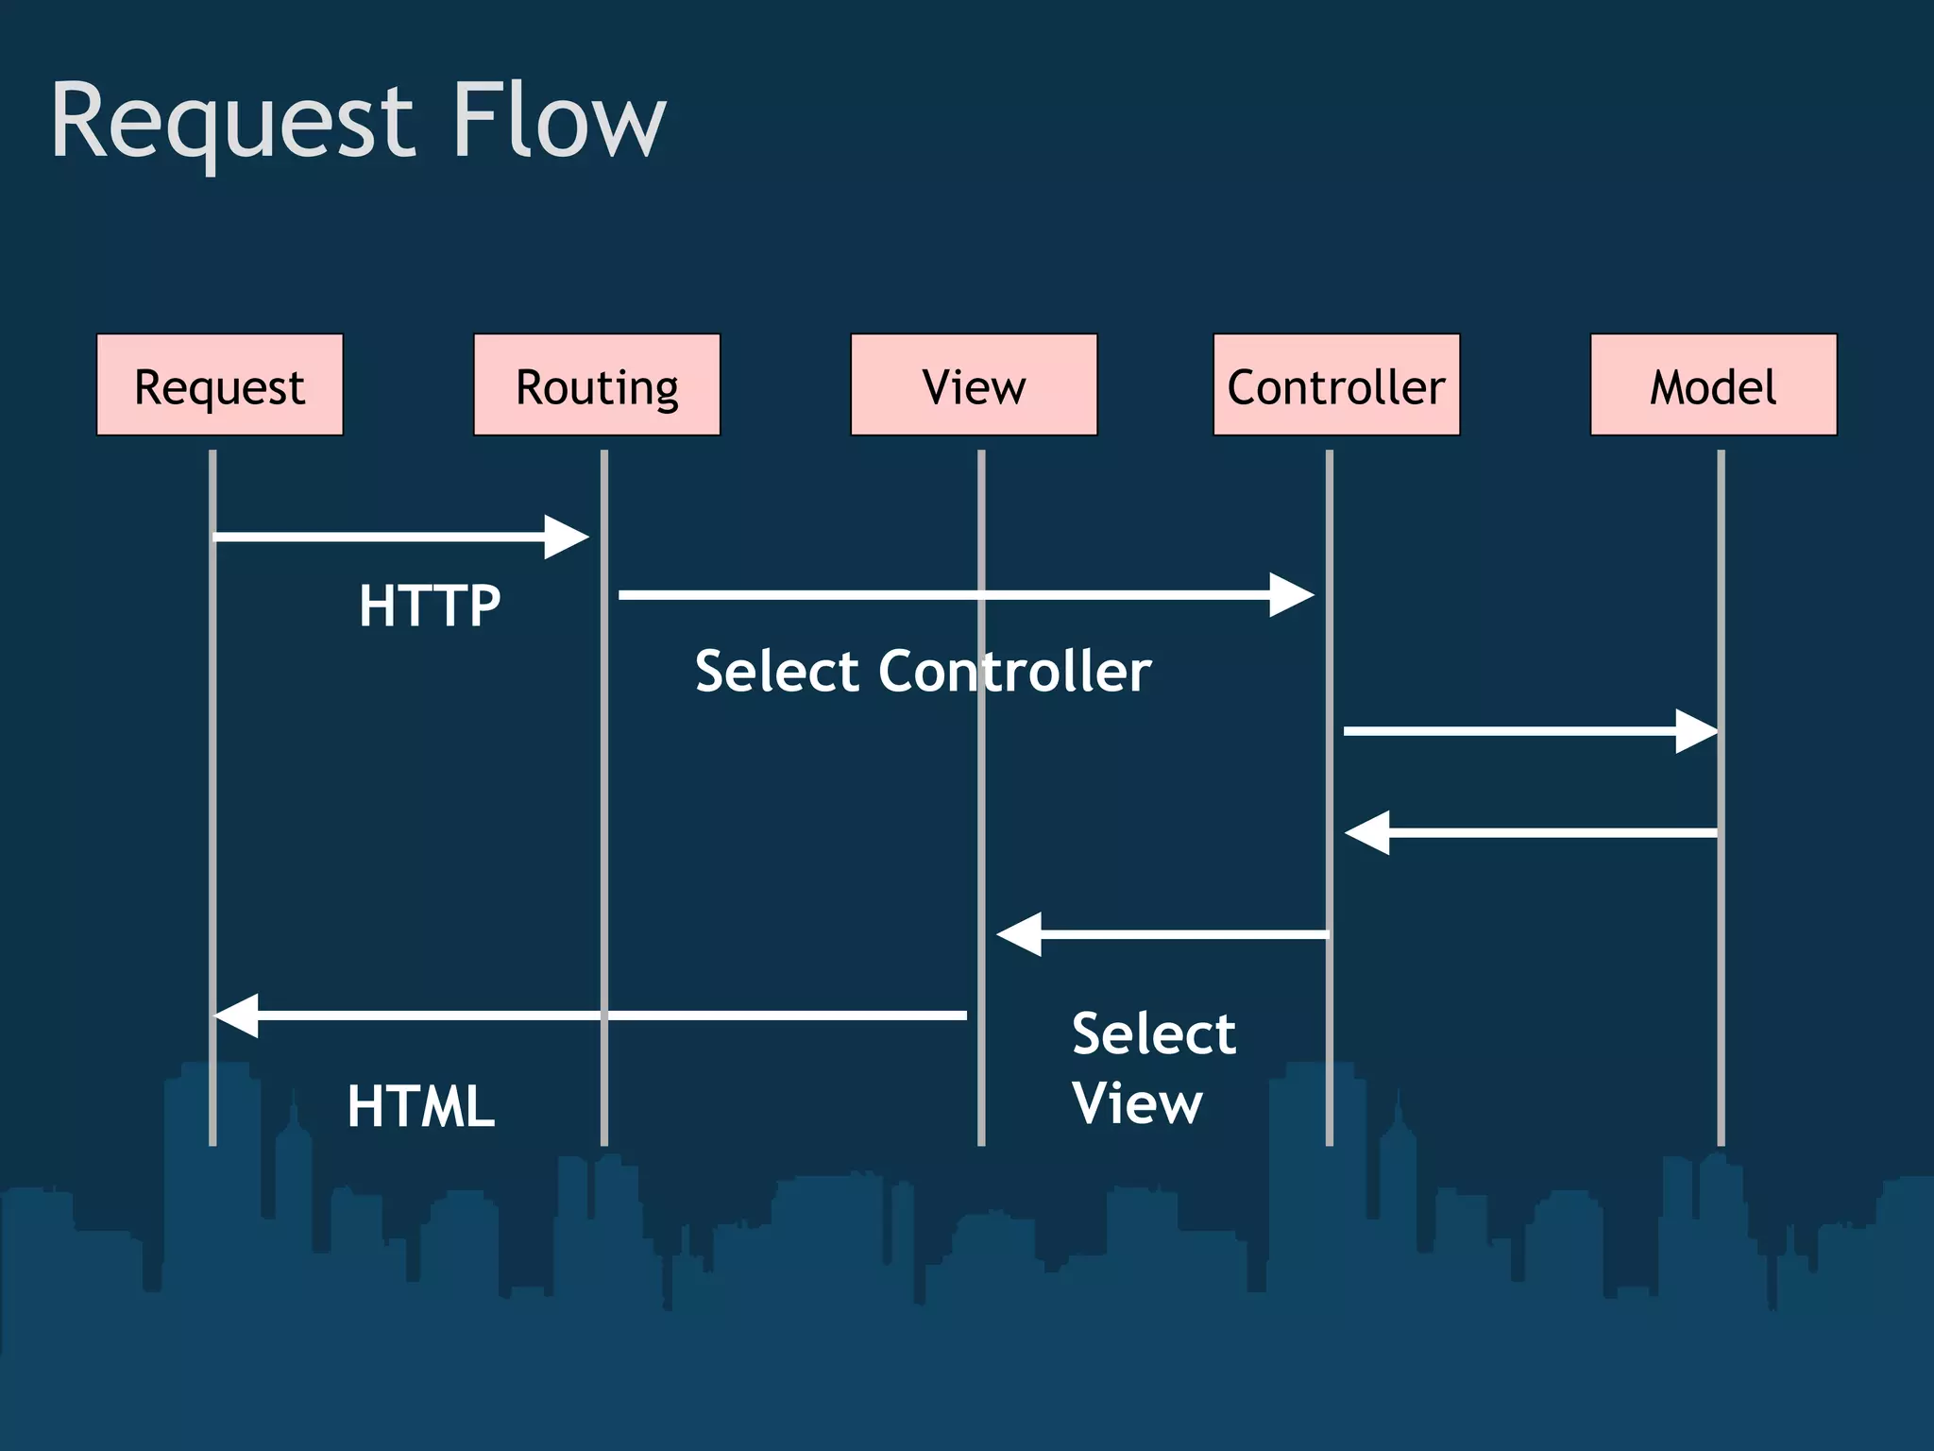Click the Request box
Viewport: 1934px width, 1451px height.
tap(219, 384)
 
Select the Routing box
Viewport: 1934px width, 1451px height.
tap(596, 384)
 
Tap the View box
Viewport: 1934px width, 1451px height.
tap(974, 384)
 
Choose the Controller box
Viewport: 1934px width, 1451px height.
tap(1336, 384)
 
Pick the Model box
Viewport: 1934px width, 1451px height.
tap(1713, 384)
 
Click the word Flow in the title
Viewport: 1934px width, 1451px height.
tap(559, 120)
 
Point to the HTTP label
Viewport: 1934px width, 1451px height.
tap(429, 606)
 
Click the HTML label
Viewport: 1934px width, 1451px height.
tap(420, 1106)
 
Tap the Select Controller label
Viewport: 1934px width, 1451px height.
tap(923, 672)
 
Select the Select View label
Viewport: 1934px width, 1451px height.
tap(1153, 1067)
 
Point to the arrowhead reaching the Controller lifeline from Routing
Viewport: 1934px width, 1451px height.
tap(1292, 594)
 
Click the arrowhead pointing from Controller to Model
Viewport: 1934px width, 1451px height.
tap(1697, 730)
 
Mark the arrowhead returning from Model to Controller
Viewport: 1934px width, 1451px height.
tap(1366, 832)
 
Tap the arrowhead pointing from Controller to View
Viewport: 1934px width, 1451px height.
tap(1018, 934)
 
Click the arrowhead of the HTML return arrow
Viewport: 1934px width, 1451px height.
tap(236, 1016)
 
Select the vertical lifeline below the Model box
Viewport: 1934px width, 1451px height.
tap(1721, 945)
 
